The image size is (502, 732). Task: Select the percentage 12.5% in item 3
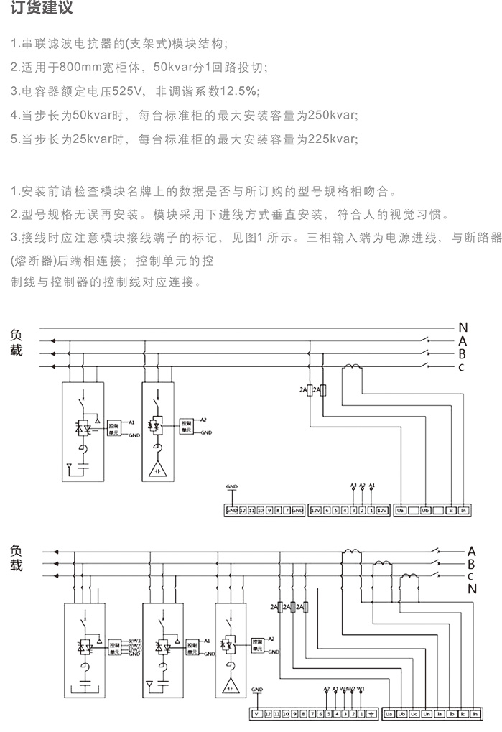tap(241, 91)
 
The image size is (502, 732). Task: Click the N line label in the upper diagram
tap(463, 328)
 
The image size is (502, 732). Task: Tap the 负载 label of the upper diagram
tap(16, 343)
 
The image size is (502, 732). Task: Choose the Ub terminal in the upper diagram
tap(425, 510)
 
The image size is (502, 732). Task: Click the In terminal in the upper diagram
tap(464, 510)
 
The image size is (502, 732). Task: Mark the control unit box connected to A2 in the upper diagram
tap(186, 424)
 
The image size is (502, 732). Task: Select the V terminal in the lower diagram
tap(256, 714)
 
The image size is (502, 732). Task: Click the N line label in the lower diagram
tap(472, 589)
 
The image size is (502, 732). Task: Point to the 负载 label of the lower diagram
tap(16, 558)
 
